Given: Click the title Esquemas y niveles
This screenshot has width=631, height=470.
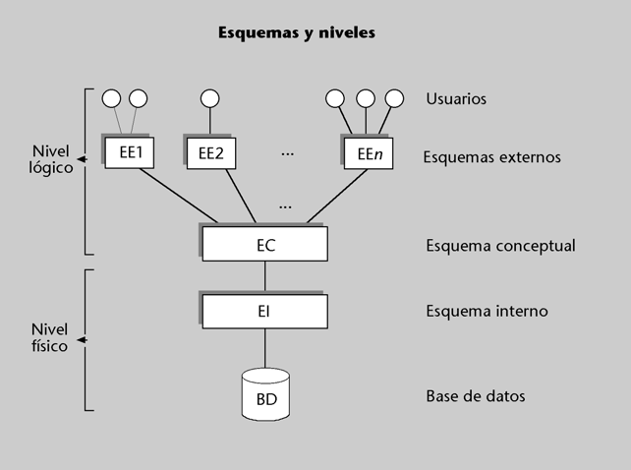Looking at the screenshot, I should (296, 33).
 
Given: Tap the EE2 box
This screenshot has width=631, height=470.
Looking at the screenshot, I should (211, 152).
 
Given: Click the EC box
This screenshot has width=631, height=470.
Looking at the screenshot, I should (264, 244).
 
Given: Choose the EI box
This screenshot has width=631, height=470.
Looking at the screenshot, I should (264, 312).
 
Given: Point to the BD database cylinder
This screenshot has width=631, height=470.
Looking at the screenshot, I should (265, 393).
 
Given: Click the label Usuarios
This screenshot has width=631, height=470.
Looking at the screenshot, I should (456, 98).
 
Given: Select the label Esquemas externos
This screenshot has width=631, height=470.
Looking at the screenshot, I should (491, 156).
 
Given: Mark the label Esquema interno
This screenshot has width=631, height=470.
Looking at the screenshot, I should (487, 312).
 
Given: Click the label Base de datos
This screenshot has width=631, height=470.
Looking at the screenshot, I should (476, 396).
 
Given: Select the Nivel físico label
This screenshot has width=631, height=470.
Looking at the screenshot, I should (50, 338).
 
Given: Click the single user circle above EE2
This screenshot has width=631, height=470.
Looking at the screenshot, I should (209, 98).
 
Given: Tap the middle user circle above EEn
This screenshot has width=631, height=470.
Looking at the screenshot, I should (365, 98).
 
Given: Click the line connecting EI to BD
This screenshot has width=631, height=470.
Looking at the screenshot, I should (264, 349).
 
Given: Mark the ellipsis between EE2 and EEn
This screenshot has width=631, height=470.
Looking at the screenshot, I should (288, 153).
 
